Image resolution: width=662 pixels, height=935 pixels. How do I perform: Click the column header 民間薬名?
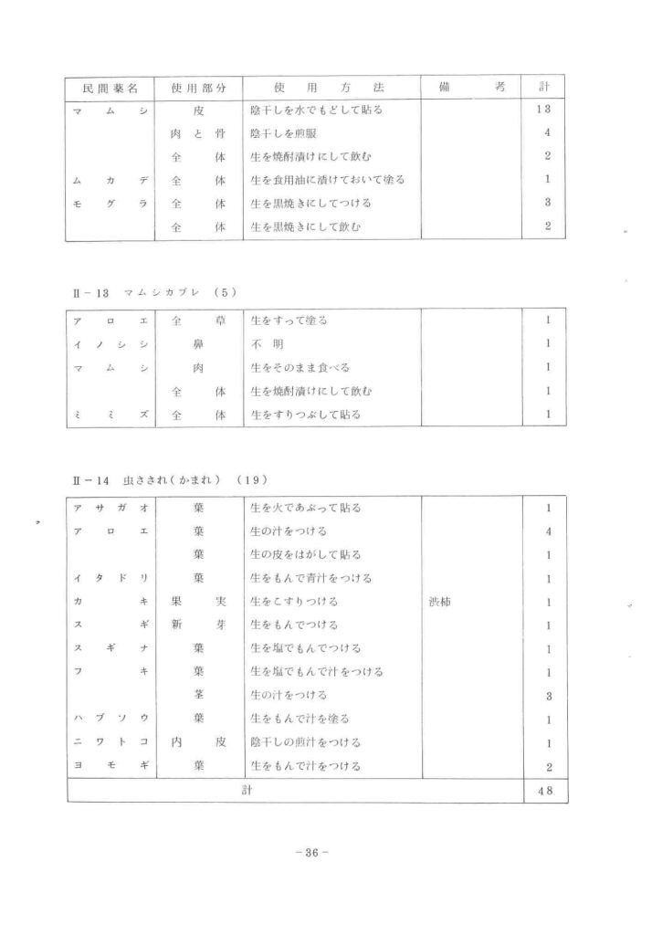pos(110,88)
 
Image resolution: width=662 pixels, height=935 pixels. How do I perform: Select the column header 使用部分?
pos(198,88)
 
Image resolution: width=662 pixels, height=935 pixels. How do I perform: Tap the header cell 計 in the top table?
pos(544,88)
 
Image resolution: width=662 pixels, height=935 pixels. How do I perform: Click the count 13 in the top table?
pos(544,110)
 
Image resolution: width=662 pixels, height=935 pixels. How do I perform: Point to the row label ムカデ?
pos(110,180)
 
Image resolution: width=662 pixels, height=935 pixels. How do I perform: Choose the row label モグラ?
pos(110,203)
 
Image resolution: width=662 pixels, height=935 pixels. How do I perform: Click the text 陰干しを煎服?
pos(283,133)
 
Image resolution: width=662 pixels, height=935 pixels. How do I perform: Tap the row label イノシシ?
pos(110,344)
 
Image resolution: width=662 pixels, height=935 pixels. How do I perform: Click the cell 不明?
pos(264,344)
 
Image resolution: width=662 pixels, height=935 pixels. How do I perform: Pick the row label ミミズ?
pos(110,415)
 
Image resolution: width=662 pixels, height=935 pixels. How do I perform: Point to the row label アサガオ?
pos(110,508)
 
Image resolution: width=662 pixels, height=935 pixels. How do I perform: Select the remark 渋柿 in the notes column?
pos(441,602)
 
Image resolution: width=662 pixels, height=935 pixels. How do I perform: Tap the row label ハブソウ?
pos(110,719)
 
